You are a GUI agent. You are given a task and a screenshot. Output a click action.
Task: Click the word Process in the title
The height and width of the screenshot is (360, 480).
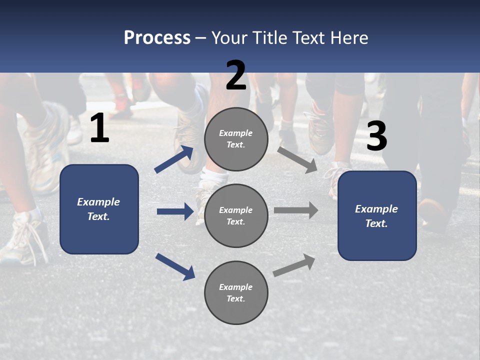point(157,38)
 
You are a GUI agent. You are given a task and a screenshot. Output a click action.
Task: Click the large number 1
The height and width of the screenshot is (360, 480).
point(99,129)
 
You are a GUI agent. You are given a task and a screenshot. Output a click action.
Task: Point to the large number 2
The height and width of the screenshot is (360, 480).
point(236,76)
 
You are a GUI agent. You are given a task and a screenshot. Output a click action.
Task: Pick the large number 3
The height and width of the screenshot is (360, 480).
point(376,136)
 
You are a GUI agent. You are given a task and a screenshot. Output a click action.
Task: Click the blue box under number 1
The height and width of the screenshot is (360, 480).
point(99,209)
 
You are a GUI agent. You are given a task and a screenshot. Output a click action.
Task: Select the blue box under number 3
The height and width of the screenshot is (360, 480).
point(377,216)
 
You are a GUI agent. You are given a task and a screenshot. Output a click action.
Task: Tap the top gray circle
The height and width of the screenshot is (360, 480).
point(236,139)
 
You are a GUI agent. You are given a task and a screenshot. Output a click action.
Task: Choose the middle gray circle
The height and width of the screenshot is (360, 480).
point(236,215)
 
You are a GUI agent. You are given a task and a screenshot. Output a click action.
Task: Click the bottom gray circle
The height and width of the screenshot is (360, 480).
point(236,292)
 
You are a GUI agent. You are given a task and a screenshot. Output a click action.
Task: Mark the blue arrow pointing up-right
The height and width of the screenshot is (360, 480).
point(174,159)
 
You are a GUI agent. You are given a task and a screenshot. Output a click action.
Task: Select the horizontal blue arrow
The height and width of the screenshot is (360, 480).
point(175,211)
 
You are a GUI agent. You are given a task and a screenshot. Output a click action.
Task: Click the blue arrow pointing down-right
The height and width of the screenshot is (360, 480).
point(175,266)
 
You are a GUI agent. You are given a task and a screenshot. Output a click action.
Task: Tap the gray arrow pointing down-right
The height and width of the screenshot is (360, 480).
point(297,159)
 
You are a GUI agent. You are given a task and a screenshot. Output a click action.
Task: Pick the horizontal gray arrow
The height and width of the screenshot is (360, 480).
point(296,210)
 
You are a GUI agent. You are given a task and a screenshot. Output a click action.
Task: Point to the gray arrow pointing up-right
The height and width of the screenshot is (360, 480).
point(294,265)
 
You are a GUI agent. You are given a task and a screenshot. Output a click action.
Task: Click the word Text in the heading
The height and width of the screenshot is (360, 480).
point(310,38)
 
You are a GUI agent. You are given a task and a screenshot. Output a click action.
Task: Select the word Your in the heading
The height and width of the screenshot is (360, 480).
point(229,38)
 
